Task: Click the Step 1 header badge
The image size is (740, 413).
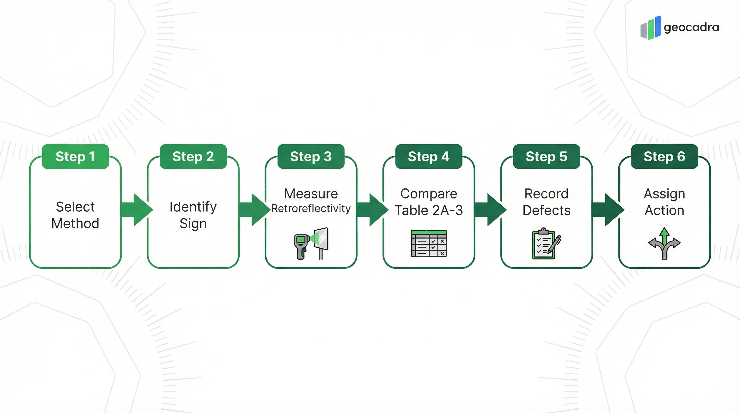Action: [75, 156]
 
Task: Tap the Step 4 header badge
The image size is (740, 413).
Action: [429, 156]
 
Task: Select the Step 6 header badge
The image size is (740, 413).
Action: [664, 156]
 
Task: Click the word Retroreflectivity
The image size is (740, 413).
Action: [311, 208]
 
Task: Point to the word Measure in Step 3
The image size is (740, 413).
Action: [311, 194]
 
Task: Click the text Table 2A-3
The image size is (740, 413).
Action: [429, 210]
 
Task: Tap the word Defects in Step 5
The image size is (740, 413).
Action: [546, 210]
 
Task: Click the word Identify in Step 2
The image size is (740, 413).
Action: [193, 207]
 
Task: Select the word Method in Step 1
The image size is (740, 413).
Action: [75, 223]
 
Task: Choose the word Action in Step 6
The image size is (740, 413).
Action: [664, 210]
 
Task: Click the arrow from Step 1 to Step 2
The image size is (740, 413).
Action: [137, 210]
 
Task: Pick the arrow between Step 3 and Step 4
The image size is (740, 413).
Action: [373, 210]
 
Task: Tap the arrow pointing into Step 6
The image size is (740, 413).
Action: [608, 210]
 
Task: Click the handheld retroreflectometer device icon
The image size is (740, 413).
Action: [301, 246]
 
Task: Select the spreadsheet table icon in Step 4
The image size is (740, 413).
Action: [429, 243]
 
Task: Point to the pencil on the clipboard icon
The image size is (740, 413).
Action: [555, 244]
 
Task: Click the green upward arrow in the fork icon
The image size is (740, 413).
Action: [664, 236]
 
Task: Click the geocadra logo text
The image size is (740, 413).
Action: [691, 27]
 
